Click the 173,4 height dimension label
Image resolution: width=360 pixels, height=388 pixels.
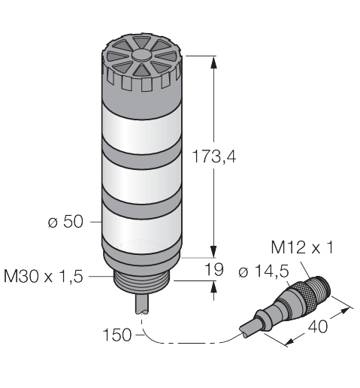(214, 156)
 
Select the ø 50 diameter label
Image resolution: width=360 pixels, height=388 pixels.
(65, 222)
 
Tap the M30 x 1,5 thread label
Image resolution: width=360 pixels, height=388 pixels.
(43, 276)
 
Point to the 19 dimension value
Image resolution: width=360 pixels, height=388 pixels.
(214, 269)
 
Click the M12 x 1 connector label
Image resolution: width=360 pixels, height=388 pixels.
(302, 247)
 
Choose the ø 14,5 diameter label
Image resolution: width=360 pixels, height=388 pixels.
(264, 271)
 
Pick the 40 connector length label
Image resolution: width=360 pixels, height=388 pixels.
(318, 326)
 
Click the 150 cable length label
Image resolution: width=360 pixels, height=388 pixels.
(117, 335)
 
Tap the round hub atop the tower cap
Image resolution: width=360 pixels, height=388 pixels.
(142, 56)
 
